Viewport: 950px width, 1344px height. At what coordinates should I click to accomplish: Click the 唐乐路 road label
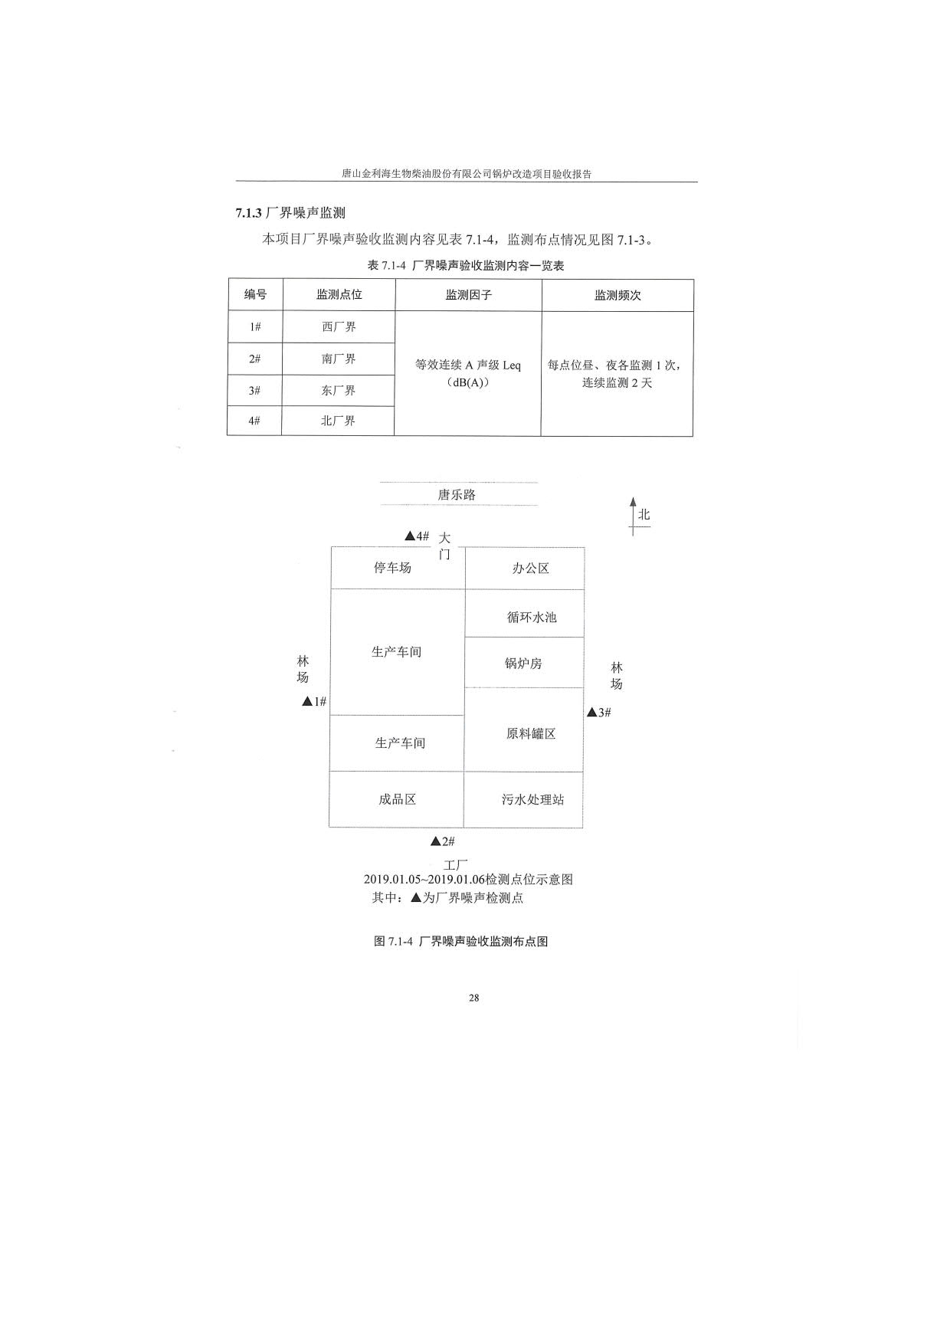457,495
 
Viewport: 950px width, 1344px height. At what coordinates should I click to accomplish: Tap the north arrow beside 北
633,516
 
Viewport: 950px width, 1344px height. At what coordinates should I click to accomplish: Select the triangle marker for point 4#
410,536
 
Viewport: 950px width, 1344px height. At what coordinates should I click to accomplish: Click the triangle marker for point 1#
307,701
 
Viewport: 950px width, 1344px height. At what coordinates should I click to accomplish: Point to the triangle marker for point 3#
591,713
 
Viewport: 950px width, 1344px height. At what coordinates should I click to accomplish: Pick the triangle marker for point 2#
435,841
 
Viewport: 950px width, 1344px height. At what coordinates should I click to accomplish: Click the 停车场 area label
392,568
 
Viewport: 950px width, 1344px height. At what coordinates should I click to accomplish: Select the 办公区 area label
531,569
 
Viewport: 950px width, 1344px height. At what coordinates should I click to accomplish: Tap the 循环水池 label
532,617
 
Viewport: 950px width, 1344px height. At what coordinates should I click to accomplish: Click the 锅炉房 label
523,664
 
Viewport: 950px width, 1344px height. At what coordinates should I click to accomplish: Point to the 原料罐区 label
531,733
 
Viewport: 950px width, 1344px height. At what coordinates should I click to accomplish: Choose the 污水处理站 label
533,799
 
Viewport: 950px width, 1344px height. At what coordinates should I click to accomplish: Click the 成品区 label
397,799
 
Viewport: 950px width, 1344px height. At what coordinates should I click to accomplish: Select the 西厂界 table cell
339,327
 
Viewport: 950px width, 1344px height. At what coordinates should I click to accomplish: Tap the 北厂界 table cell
338,421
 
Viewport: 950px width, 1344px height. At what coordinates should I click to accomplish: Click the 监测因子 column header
469,295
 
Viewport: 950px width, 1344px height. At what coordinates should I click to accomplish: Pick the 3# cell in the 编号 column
254,391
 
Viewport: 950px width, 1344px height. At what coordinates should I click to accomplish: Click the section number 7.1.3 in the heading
249,213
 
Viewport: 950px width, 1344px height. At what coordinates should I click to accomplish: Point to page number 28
474,998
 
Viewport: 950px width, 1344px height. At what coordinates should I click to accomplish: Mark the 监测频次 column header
617,295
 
